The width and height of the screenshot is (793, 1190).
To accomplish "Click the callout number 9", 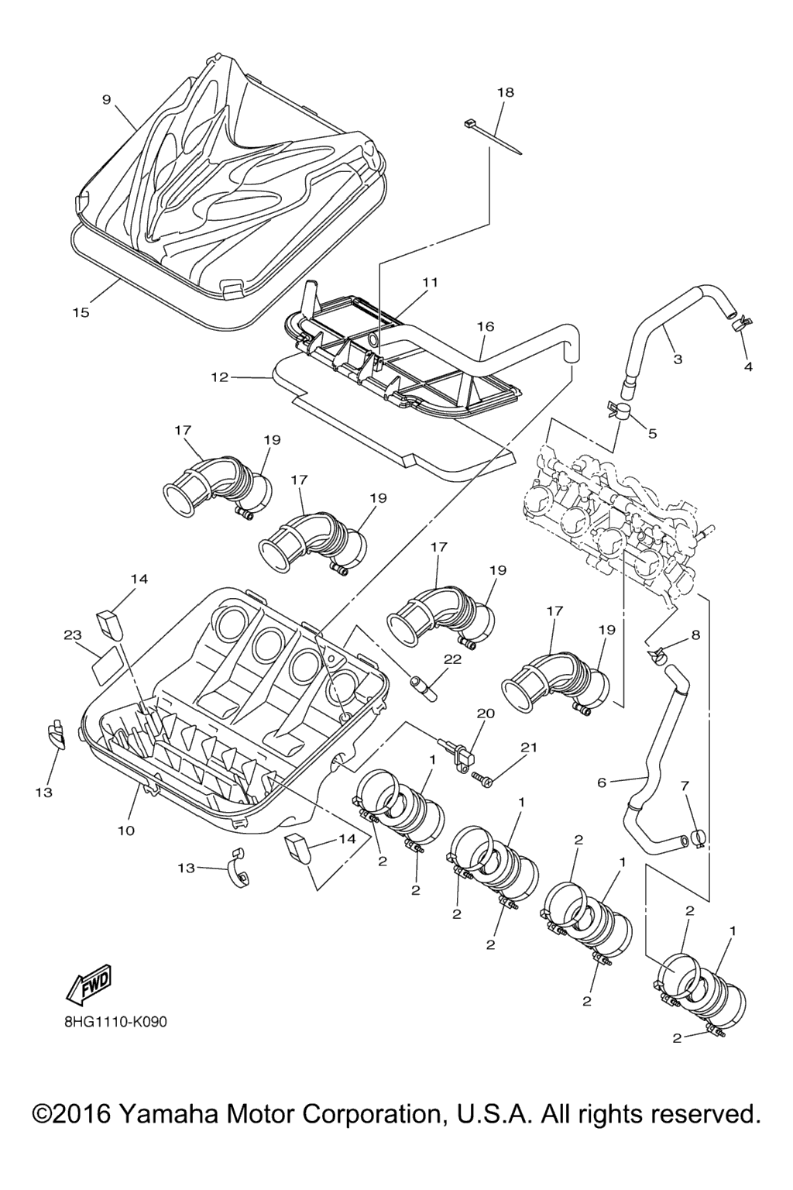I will click(x=107, y=99).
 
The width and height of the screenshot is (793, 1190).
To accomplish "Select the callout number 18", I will click(x=505, y=92).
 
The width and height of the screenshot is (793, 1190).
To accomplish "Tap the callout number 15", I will click(x=81, y=312).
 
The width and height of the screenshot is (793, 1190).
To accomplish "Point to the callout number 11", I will click(x=430, y=282).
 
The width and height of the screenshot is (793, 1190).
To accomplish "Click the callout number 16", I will click(x=486, y=327).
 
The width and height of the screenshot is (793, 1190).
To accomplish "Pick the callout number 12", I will click(x=220, y=377).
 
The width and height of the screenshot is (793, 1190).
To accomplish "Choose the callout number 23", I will click(x=73, y=635).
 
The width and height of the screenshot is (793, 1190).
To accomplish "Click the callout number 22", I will click(x=452, y=659).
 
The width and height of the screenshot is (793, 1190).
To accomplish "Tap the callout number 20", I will click(x=485, y=713).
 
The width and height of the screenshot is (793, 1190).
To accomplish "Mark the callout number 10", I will click(x=126, y=831).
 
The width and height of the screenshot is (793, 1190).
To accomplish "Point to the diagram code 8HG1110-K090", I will click(x=115, y=1021).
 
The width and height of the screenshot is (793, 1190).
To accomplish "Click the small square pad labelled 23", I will click(x=106, y=663).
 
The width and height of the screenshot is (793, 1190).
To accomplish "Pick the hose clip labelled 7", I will click(x=697, y=837).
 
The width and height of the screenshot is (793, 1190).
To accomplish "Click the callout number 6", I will click(x=602, y=782).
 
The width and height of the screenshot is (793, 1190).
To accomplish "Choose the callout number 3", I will click(x=678, y=359).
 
